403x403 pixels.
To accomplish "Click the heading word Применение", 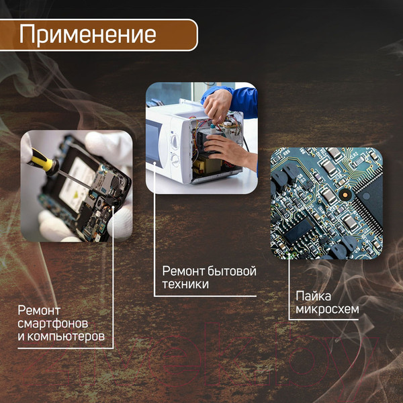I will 87,34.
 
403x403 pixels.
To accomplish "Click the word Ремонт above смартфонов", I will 39,310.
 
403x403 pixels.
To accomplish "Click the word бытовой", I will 233,271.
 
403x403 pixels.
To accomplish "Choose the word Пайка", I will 313,296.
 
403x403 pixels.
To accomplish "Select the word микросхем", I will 327,309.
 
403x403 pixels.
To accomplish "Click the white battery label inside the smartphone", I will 79,183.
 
